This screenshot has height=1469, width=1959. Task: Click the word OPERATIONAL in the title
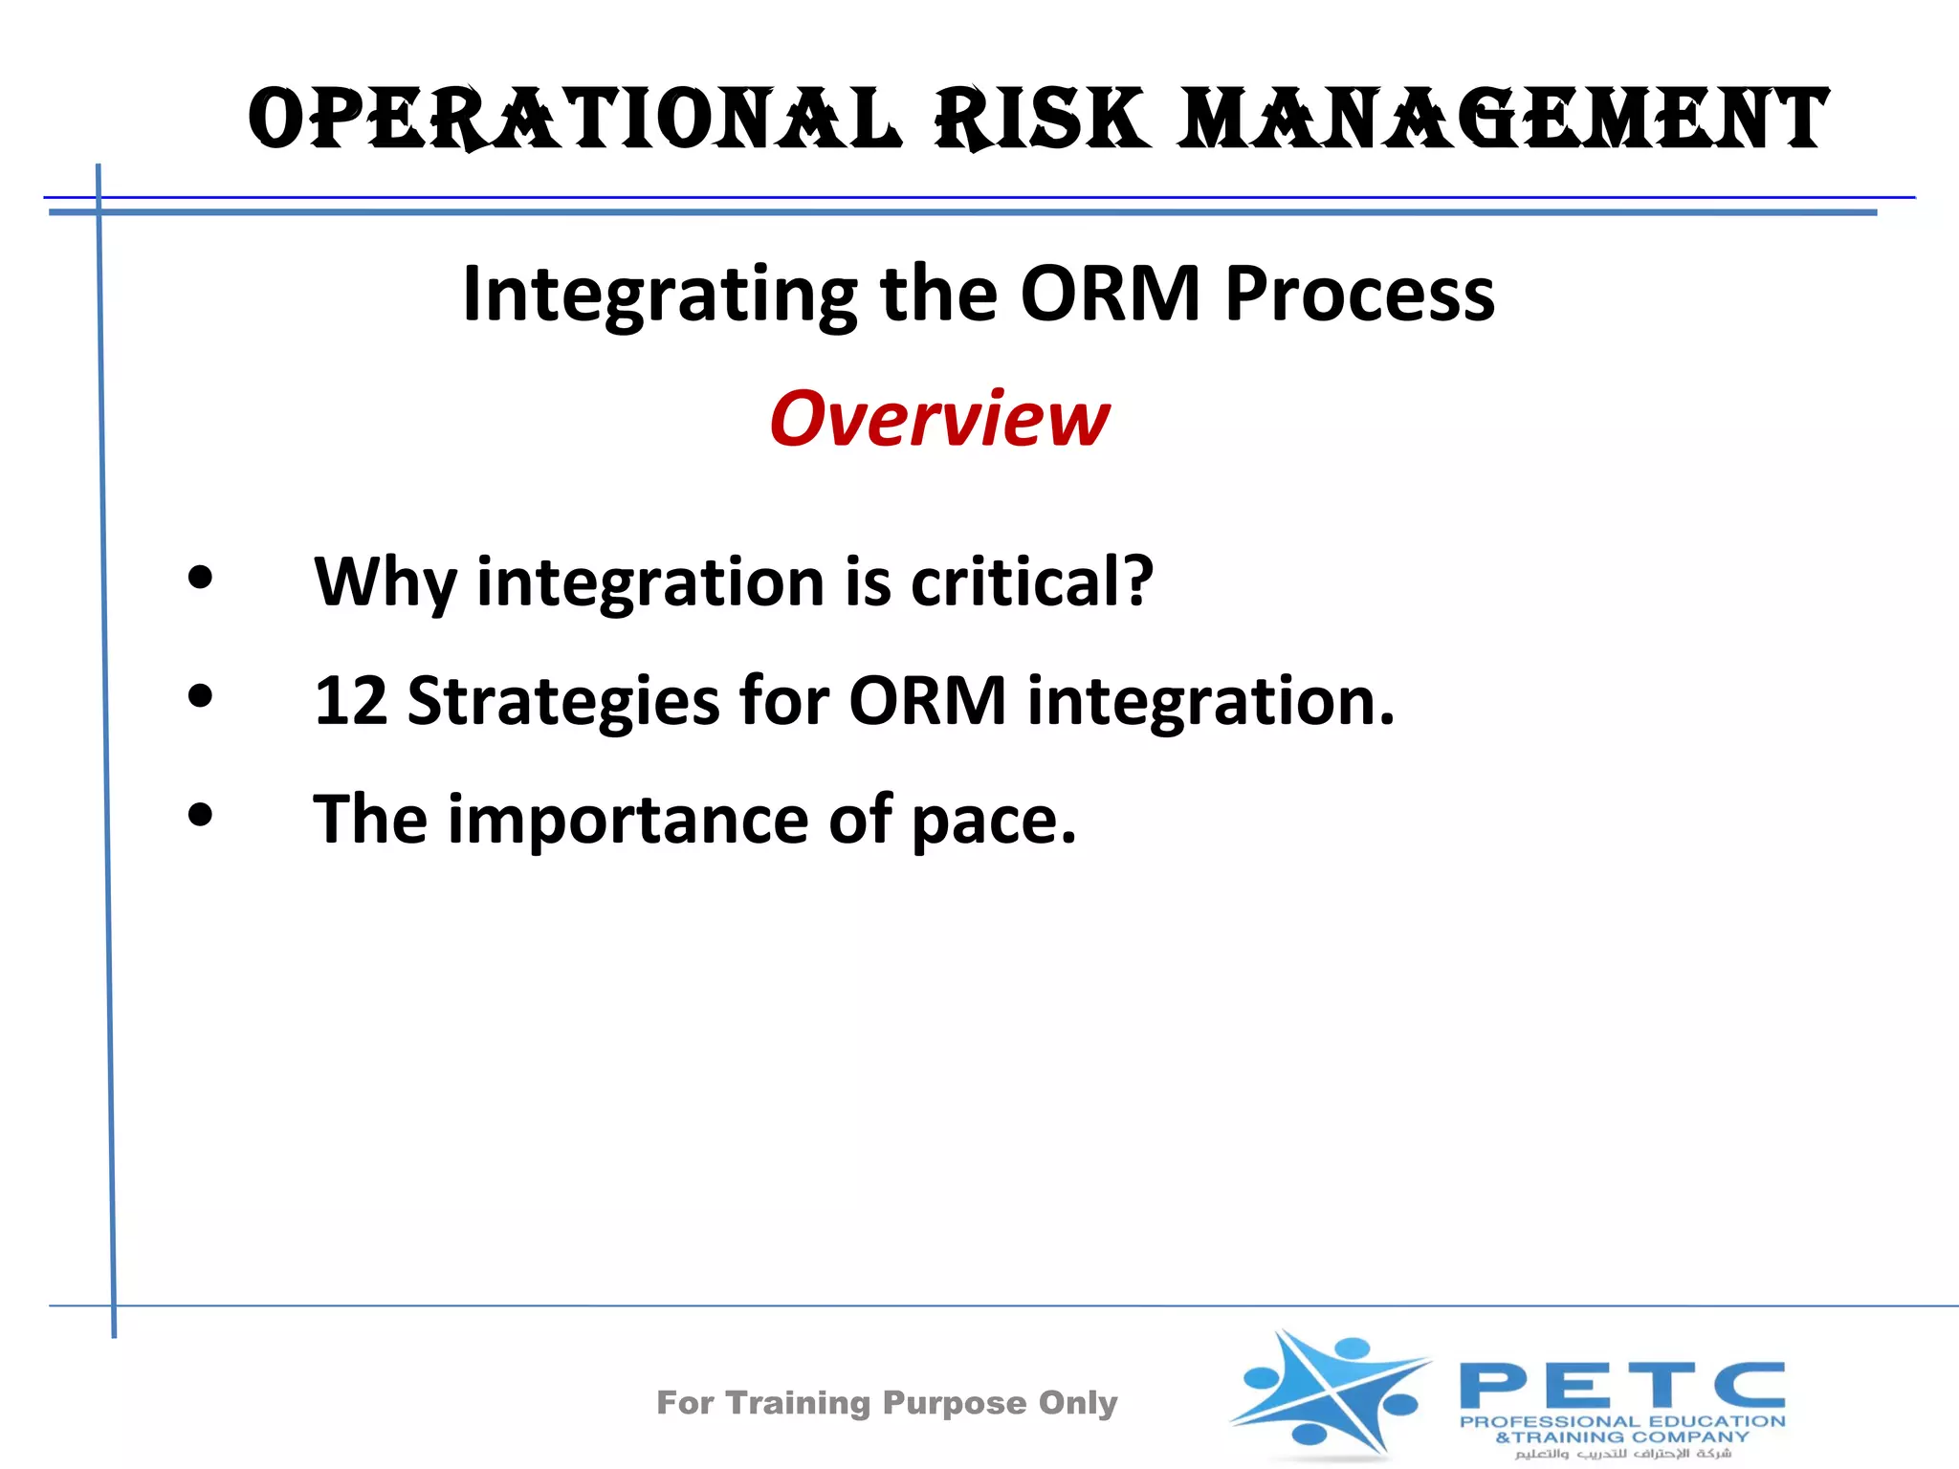574,120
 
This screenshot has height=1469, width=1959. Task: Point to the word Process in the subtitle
1359,295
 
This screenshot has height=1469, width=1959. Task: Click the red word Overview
939,419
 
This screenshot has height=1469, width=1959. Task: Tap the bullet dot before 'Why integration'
200,578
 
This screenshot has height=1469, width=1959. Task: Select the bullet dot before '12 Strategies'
200,696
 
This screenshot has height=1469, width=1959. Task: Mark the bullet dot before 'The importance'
200,815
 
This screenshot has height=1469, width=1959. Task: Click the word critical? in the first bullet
1032,581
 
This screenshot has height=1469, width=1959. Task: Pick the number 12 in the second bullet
350,700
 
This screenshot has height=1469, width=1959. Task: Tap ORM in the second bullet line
927,700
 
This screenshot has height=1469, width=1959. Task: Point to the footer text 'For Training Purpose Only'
887,1402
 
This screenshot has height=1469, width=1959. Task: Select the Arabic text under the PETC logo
1623,1454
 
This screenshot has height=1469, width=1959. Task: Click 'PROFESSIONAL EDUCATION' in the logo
1622,1421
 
